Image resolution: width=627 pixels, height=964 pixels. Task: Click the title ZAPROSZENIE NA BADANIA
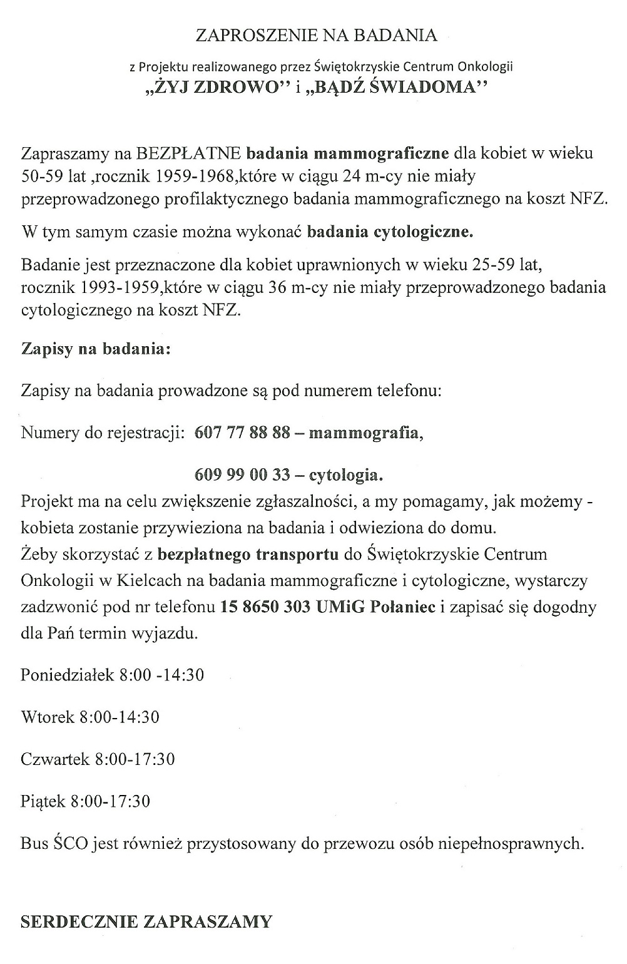316,36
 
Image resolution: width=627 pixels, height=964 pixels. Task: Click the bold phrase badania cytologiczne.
390,233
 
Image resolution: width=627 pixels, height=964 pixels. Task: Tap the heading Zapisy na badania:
96,349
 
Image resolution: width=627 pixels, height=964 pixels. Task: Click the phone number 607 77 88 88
243,433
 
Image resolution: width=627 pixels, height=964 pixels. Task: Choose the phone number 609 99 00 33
243,475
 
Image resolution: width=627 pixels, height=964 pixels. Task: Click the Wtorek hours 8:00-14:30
120,717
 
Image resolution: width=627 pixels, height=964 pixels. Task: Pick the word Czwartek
55,759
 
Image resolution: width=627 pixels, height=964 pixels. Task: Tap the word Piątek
43,801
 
